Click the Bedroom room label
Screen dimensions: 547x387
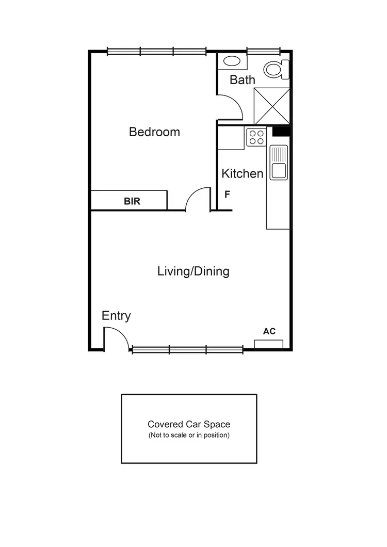coord(154,132)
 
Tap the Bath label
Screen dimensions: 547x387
coord(242,79)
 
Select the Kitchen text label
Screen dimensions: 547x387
coord(242,173)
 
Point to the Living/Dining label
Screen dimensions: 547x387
coord(193,271)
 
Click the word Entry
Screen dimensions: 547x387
coord(116,316)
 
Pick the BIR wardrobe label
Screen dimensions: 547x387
coord(132,201)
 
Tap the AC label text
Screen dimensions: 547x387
coord(269,331)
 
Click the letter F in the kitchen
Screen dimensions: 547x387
coord(227,195)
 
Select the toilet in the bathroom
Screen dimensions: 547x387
coord(276,69)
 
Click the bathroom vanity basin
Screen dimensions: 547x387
coord(232,61)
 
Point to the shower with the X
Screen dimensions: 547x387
coord(272,106)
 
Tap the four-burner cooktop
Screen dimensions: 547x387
coord(256,137)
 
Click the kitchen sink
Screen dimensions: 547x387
coord(279,162)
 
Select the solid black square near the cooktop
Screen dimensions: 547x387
coord(281,132)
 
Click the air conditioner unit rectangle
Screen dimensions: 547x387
coord(268,344)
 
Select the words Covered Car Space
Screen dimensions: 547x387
coord(189,424)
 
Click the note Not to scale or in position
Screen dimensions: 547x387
coord(189,435)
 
